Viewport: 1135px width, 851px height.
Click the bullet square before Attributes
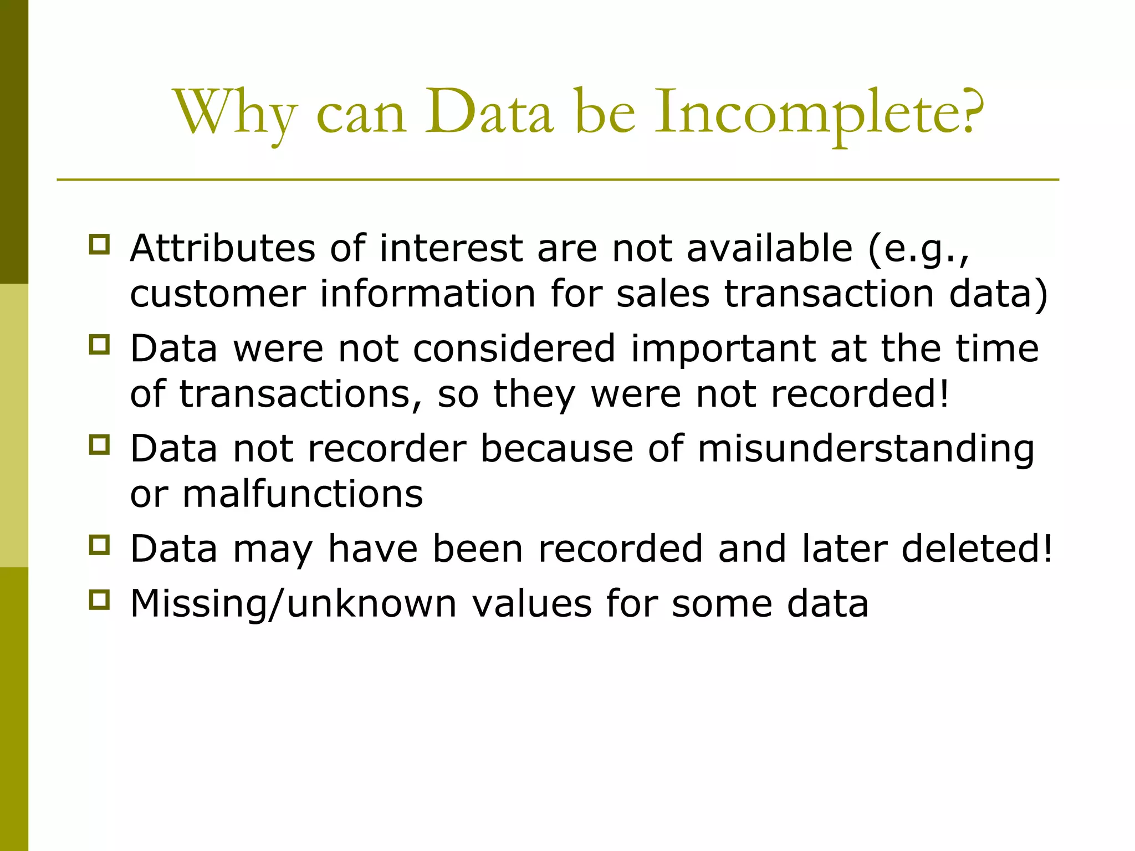(99, 244)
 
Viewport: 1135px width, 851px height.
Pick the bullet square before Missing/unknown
(99, 600)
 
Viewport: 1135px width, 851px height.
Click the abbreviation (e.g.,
(919, 249)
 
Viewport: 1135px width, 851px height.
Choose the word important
(723, 350)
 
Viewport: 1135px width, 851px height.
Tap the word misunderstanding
(866, 449)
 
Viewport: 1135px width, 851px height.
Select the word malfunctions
(303, 494)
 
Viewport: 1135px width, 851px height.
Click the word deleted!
(977, 549)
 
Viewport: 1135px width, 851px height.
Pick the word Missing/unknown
(293, 604)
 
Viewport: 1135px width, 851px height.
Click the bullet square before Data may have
(99, 545)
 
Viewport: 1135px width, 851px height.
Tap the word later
(844, 549)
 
